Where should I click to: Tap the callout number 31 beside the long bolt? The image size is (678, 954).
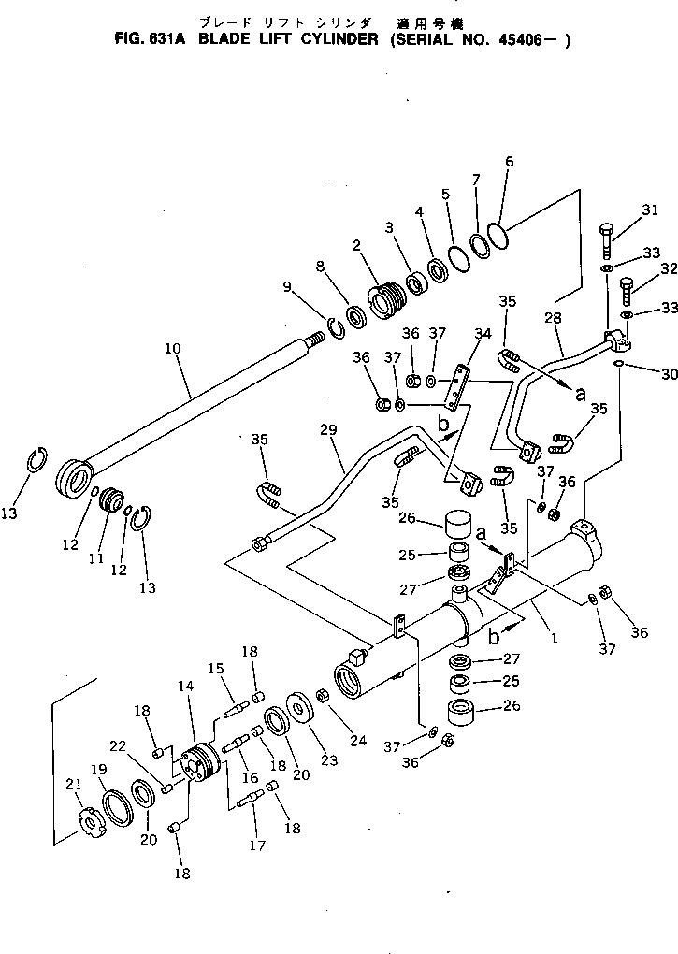pyautogui.click(x=651, y=211)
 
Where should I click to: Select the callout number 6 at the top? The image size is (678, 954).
pyautogui.click(x=509, y=161)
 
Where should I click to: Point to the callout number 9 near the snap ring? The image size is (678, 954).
pyautogui.click(x=286, y=286)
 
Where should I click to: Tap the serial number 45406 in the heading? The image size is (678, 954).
pyautogui.click(x=534, y=39)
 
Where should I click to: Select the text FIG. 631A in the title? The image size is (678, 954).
pyautogui.click(x=151, y=39)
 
